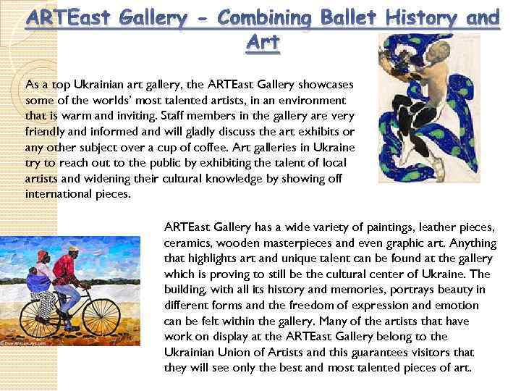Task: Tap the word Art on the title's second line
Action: (263, 43)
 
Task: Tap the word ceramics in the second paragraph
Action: (187, 243)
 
